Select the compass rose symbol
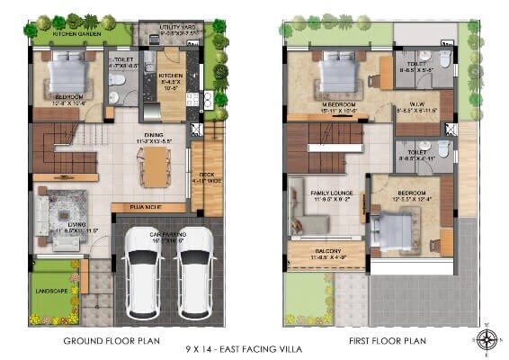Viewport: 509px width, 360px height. click(487, 337)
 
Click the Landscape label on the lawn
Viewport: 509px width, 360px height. click(53, 290)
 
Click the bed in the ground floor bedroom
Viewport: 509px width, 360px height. click(65, 72)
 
